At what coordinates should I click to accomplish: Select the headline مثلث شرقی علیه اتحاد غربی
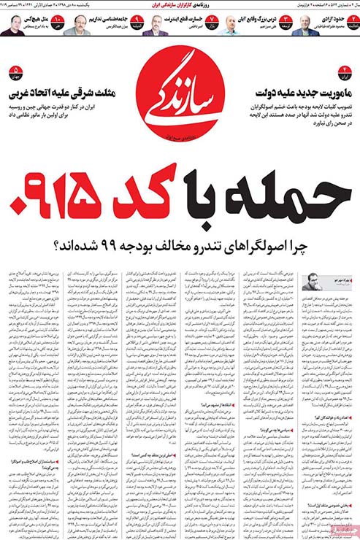tap(66, 93)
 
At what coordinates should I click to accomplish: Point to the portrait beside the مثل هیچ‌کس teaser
tap(10, 26)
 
